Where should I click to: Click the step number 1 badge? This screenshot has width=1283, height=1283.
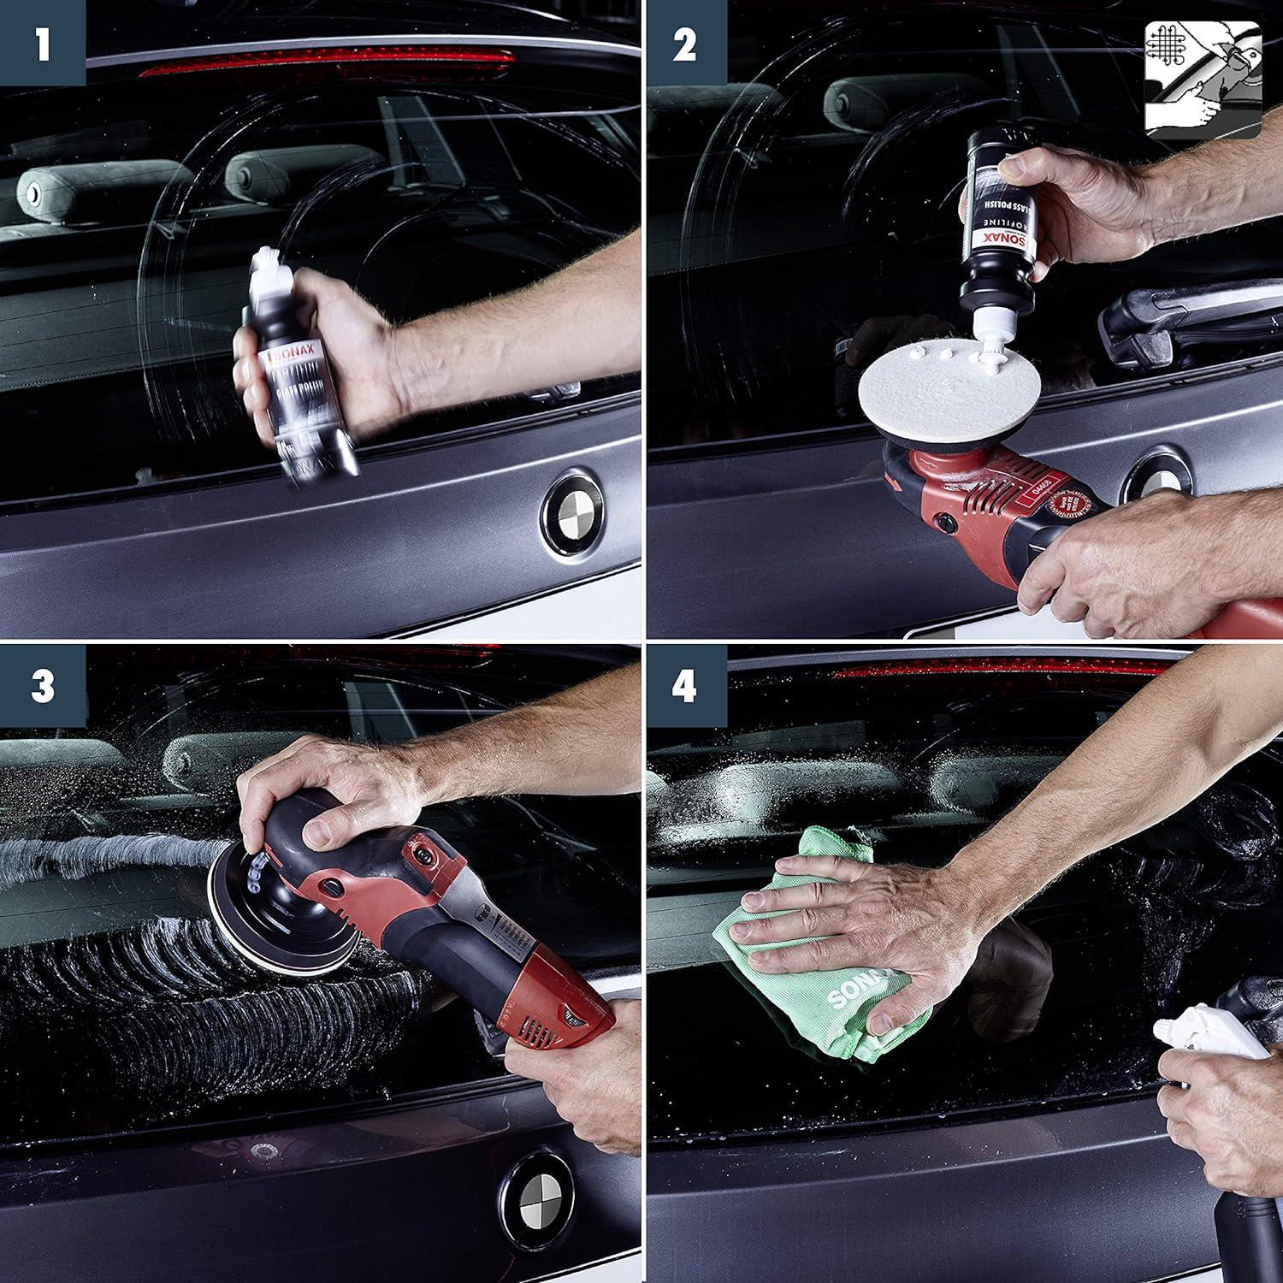(x=42, y=43)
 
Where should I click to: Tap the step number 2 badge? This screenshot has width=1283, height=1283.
(x=685, y=43)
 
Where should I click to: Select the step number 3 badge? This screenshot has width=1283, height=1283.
(x=42, y=687)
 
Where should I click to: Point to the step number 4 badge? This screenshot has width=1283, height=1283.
(x=685, y=687)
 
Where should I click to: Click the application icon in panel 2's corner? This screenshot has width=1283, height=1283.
(x=1203, y=80)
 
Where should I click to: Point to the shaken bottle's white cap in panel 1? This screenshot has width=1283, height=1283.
(x=266, y=266)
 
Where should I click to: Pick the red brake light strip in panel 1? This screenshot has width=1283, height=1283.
(x=325, y=62)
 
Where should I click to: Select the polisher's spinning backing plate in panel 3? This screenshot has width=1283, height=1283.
(x=257, y=907)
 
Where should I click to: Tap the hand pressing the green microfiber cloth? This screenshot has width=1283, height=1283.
(x=864, y=924)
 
